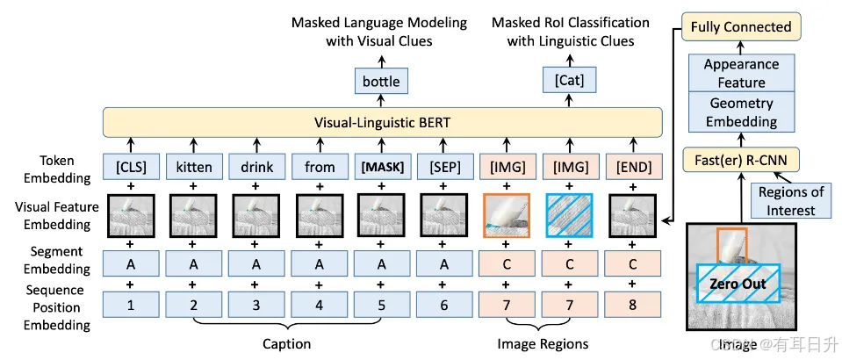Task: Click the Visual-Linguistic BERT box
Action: tap(381, 122)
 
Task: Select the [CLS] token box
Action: tap(131, 167)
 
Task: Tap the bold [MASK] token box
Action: tap(381, 167)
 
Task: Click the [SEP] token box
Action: tap(443, 167)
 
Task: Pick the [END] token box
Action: tap(633, 167)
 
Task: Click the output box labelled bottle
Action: tap(381, 81)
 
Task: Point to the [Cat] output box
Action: tap(569, 81)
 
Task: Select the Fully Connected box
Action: tap(741, 27)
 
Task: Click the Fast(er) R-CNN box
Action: tap(741, 160)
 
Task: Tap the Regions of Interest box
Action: tap(790, 200)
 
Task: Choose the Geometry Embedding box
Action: tap(741, 112)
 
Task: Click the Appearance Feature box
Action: tap(741, 73)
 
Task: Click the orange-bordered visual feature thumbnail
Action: tap(507, 215)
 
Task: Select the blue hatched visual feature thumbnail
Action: tap(570, 215)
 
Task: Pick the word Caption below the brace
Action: tap(287, 344)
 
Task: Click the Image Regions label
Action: tap(543, 344)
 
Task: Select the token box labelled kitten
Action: tap(193, 167)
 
